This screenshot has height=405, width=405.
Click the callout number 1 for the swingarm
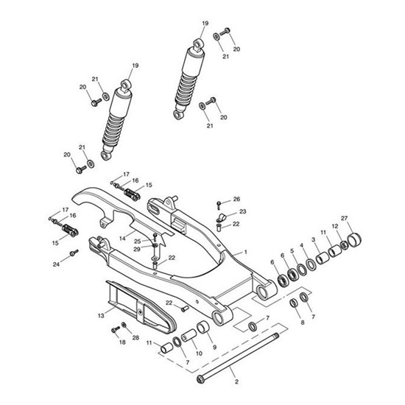tap(245, 252)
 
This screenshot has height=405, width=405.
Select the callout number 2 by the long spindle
tap(236, 382)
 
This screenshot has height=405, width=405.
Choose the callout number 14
tap(123, 238)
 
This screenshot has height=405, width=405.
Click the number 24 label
tap(55, 264)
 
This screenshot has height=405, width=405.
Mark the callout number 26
tap(236, 199)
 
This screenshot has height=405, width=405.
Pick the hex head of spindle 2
tap(200, 379)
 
